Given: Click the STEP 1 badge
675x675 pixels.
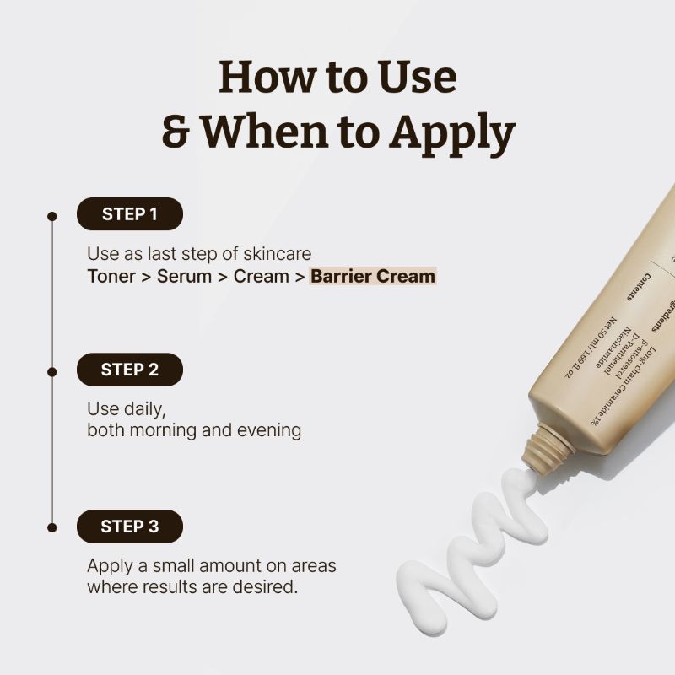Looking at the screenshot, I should tap(129, 214).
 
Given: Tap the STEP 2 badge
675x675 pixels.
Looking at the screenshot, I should tap(129, 370).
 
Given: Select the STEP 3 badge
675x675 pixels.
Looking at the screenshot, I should tap(129, 526).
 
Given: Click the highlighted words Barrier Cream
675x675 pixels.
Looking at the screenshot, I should tap(372, 276).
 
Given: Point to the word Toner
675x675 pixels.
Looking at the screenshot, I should tap(110, 276).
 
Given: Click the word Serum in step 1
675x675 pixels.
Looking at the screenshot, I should tap(184, 276).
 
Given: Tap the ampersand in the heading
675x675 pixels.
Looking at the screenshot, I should tap(175, 132).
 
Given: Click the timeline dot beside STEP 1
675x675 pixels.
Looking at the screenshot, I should tap(51, 216).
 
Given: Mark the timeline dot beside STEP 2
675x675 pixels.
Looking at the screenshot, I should tap(51, 371).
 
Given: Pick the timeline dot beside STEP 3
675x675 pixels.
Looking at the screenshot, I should tap(51, 527).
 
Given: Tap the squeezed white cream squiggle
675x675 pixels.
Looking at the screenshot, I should tap(472, 548).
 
